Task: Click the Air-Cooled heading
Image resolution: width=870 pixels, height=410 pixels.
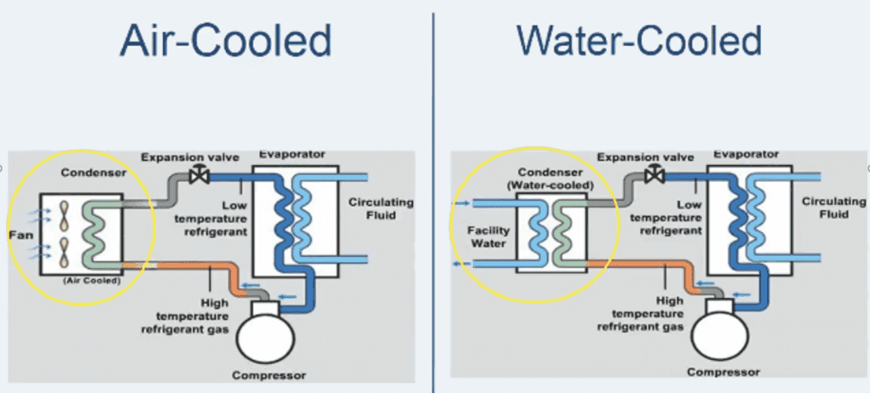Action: click(225, 41)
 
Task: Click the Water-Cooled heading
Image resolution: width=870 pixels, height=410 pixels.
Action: click(638, 41)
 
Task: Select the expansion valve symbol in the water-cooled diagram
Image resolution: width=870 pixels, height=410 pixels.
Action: click(655, 174)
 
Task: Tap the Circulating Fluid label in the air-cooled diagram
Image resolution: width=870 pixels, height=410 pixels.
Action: click(381, 208)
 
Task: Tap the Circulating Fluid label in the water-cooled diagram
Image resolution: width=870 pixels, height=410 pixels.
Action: click(833, 208)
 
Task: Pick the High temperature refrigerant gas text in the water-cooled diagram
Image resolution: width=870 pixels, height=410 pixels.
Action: click(669, 315)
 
